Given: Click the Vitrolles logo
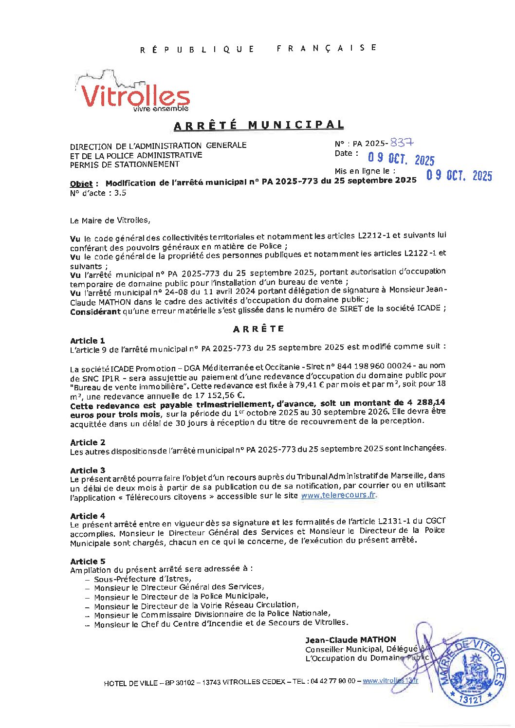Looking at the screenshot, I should pyautogui.click(x=132, y=92).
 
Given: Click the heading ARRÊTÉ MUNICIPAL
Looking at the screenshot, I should pyautogui.click(x=258, y=125).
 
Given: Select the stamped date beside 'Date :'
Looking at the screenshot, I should pyautogui.click(x=401, y=159).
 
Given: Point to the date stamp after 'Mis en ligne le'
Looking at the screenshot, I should pyautogui.click(x=459, y=175).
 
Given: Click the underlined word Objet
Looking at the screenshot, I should pyautogui.click(x=81, y=184).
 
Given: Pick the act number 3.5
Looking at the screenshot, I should pyautogui.click(x=120, y=193).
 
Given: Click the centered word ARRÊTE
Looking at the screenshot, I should pyautogui.click(x=258, y=329).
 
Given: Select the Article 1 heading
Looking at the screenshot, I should pyautogui.click(x=88, y=341).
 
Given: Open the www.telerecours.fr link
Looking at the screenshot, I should pyautogui.click(x=338, y=495).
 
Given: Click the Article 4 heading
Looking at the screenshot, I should pyautogui.click(x=88, y=516).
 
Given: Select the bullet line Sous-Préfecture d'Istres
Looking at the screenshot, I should pyautogui.click(x=142, y=579).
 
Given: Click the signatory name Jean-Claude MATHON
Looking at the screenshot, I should pyautogui.click(x=350, y=640).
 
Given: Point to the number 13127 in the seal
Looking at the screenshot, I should pyautogui.click(x=469, y=699).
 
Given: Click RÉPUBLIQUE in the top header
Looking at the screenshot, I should pyautogui.click(x=197, y=49).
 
